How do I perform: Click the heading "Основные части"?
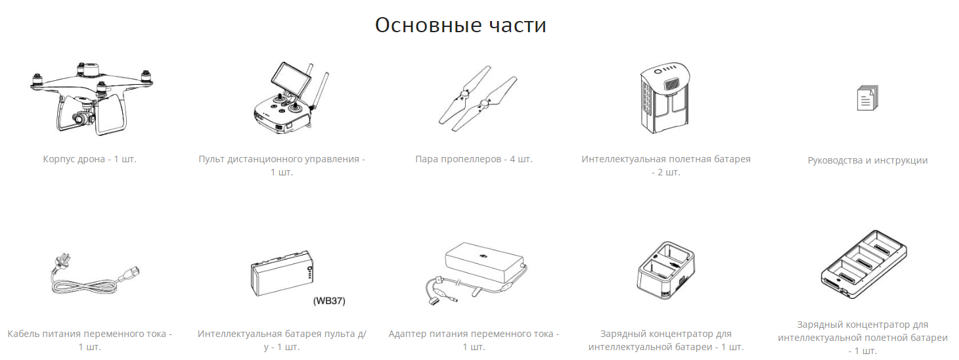point(460,25)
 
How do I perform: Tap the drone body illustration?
point(91,99)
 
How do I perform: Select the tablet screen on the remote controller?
point(290,79)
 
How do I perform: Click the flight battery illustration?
point(665,98)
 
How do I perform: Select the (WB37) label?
point(329,301)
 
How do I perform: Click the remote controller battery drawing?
point(282,273)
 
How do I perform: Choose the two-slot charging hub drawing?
point(666,269)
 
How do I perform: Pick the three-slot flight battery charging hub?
point(864,264)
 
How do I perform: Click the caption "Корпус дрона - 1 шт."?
point(89,159)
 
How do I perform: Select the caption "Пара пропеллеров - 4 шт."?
point(474,159)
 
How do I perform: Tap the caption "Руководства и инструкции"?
point(868,160)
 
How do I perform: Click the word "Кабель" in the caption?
point(24,334)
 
